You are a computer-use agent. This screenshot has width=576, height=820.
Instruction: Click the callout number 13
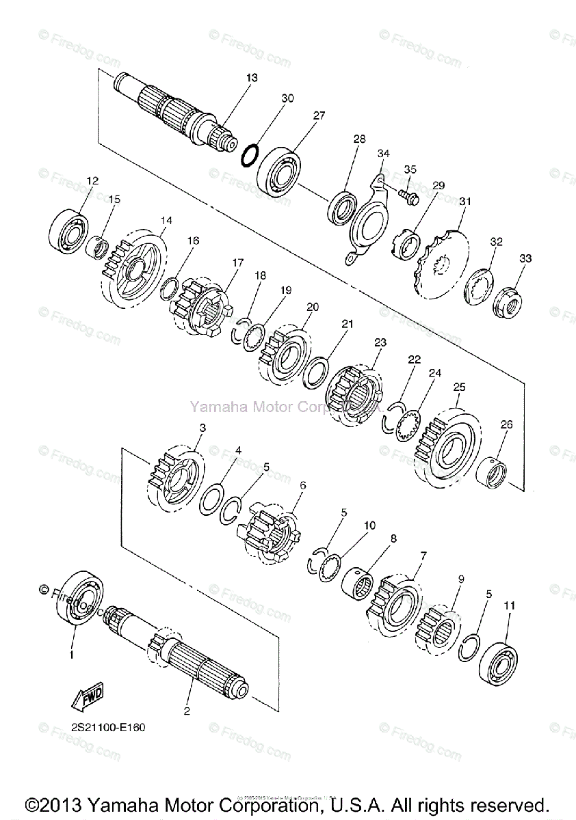tap(252, 78)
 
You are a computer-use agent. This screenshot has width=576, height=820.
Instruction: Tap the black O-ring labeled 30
tap(251, 154)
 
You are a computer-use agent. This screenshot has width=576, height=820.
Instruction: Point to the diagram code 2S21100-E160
tap(108, 727)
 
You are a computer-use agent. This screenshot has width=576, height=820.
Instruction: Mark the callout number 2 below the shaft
tap(186, 711)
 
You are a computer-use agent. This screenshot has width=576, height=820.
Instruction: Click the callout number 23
tap(380, 342)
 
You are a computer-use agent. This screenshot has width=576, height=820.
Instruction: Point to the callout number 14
tap(167, 221)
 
